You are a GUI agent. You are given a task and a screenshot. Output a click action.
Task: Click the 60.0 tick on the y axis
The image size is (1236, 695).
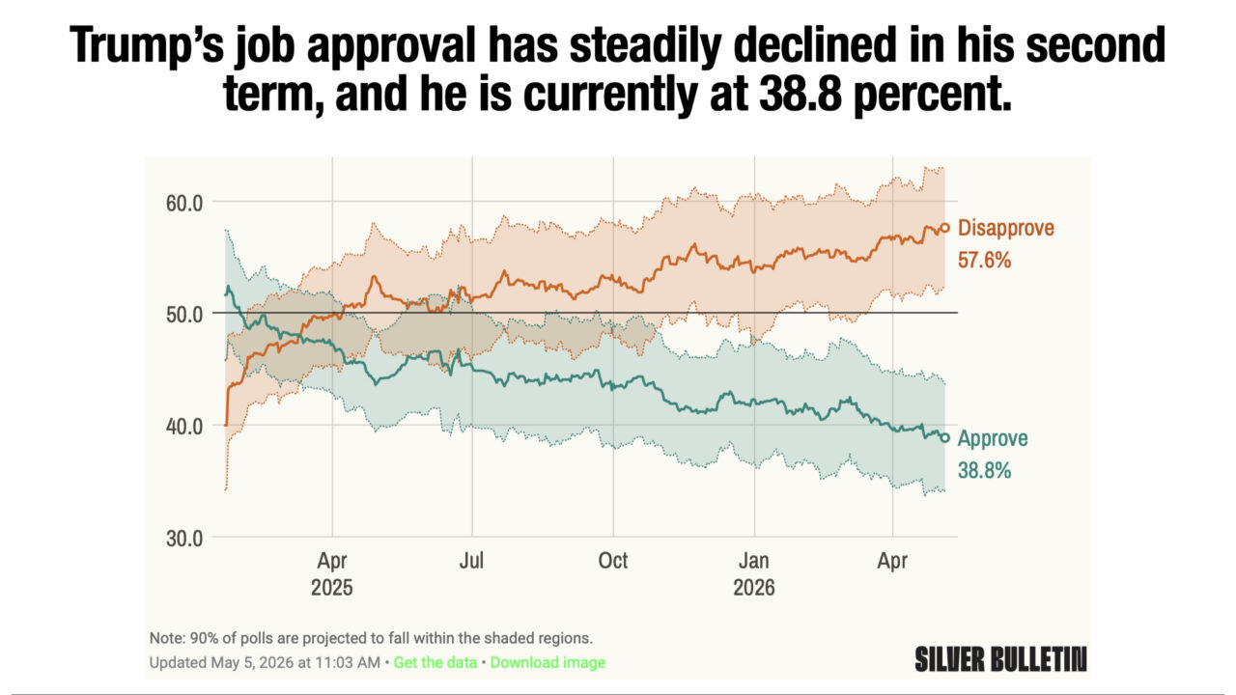tap(184, 203)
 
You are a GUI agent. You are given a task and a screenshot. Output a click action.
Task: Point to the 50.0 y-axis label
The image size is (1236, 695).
tap(184, 315)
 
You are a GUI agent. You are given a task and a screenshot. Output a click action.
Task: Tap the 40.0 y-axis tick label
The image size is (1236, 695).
tap(184, 427)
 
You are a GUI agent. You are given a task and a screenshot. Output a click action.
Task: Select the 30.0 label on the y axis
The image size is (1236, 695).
tap(184, 539)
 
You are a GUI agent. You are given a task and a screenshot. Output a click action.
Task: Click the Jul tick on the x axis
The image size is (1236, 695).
tap(471, 561)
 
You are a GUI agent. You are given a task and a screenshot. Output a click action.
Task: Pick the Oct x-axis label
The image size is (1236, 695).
tap(613, 561)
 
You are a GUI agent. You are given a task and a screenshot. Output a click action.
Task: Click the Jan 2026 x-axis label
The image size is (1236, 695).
tap(754, 573)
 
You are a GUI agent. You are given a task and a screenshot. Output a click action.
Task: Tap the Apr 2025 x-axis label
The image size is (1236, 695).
tap(331, 573)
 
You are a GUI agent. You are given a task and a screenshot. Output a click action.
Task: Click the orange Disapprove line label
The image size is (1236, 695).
tap(1006, 228)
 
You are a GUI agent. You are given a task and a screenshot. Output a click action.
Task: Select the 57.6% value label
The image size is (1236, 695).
tap(984, 260)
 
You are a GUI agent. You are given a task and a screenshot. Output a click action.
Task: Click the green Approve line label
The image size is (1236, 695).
tap(993, 438)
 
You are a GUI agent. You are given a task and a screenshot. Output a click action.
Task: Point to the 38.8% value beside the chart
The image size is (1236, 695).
tap(984, 470)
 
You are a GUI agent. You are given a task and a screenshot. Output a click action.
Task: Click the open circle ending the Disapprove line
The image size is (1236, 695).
tap(944, 228)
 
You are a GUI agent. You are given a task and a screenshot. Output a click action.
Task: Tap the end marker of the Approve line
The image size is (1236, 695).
tap(944, 438)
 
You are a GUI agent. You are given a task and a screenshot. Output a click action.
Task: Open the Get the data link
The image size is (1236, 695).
tap(435, 662)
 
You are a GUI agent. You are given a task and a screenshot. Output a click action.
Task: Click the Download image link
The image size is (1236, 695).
tap(548, 662)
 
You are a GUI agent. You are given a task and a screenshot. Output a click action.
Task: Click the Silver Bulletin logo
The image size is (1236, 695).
tap(1000, 659)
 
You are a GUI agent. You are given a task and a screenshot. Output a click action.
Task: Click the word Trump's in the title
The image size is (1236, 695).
tap(146, 45)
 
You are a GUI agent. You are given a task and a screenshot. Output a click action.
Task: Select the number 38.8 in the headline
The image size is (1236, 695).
tap(801, 94)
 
